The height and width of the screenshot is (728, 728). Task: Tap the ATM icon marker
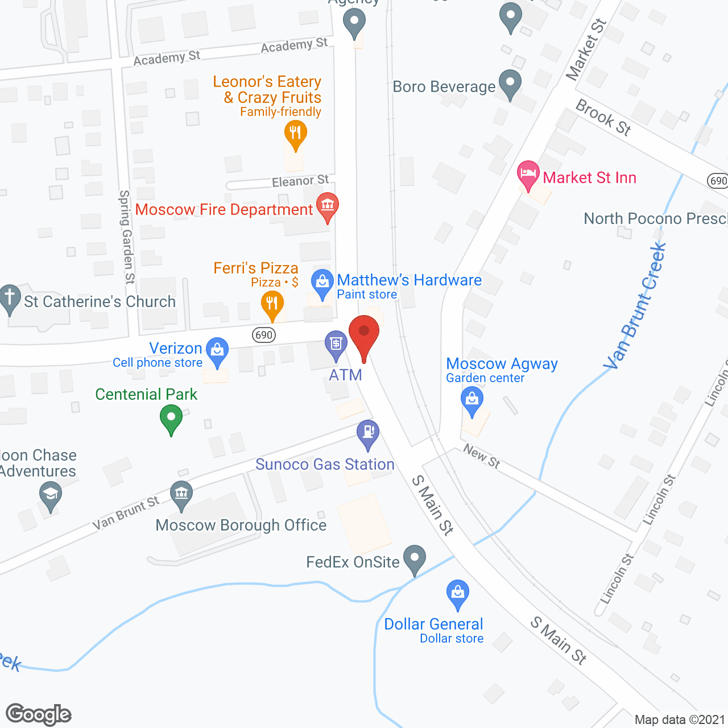click(336, 344)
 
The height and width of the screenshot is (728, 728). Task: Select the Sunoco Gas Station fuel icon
click(368, 433)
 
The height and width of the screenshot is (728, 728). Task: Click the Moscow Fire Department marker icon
click(327, 206)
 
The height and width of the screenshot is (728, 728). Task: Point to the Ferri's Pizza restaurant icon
click(272, 304)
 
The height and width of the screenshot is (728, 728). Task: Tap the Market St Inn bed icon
click(528, 173)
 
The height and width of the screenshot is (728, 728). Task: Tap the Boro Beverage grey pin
click(510, 83)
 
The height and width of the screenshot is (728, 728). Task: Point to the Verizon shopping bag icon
click(217, 350)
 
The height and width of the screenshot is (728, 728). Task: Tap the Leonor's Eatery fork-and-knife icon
click(295, 134)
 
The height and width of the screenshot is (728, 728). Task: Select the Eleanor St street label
click(300, 181)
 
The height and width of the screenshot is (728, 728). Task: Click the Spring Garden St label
click(126, 237)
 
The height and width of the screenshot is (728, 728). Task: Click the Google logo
click(39, 714)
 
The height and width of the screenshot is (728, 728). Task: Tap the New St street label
click(482, 456)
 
